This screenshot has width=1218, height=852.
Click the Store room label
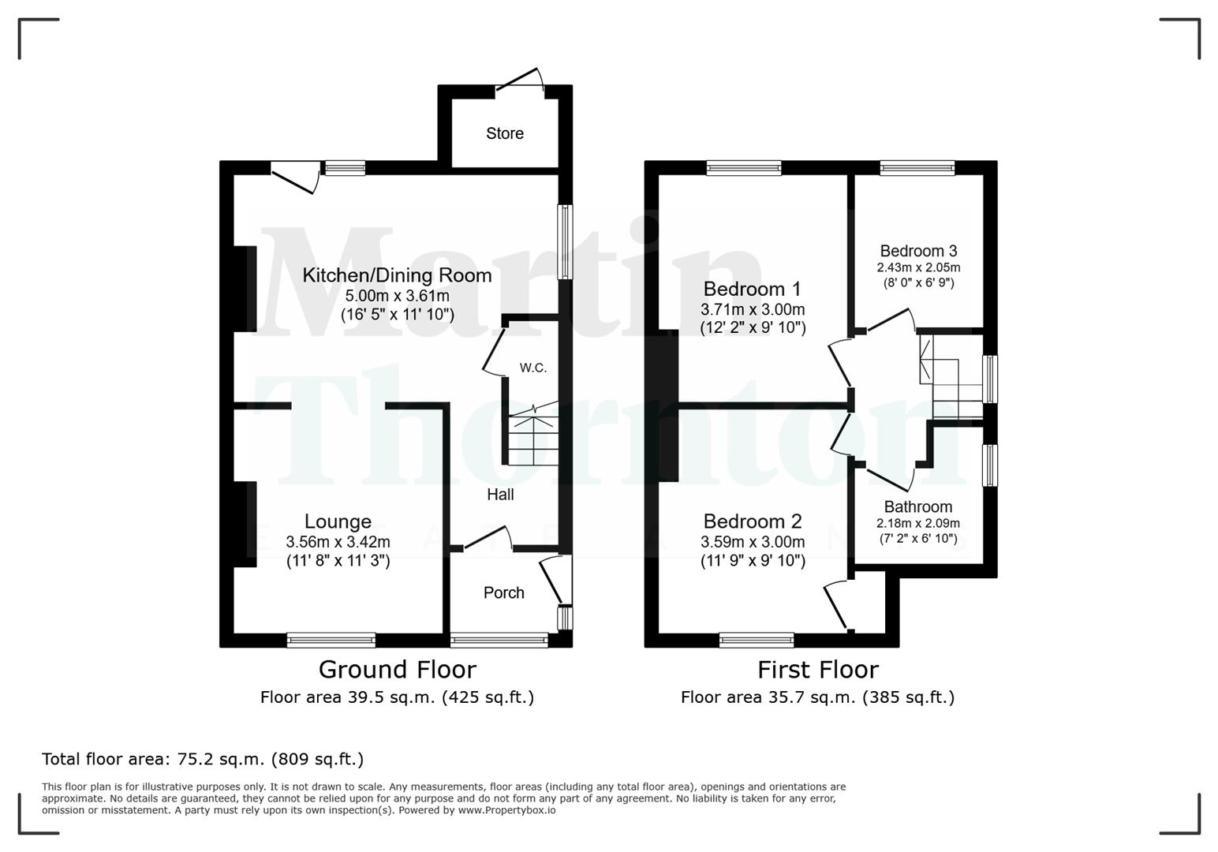(x=504, y=133)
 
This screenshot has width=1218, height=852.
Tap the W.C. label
(x=532, y=368)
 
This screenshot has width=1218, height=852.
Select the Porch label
(x=503, y=592)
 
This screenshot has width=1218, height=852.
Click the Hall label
(x=500, y=495)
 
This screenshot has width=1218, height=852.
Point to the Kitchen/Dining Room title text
(x=397, y=275)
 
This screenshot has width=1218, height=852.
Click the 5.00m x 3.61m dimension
(x=397, y=296)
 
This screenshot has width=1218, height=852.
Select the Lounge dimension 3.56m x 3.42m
(x=338, y=542)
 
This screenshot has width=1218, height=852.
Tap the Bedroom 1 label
(x=752, y=289)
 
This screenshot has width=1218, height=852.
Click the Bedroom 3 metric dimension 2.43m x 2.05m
(x=918, y=267)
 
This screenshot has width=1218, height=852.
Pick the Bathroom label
(x=917, y=507)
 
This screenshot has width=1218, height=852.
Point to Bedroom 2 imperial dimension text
(x=753, y=561)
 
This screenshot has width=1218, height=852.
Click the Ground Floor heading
(x=397, y=670)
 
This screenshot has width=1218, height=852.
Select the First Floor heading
(x=817, y=670)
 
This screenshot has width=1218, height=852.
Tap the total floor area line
(x=203, y=759)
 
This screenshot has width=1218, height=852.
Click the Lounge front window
(x=331, y=640)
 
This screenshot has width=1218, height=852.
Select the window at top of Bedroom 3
(x=917, y=167)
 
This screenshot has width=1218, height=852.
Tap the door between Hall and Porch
(x=487, y=540)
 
